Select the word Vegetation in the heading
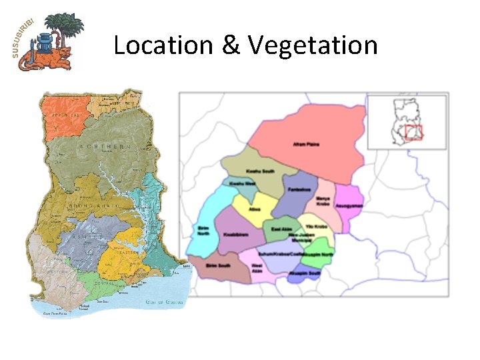(x=313, y=45)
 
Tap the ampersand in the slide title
(x=229, y=45)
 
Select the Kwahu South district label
(x=260, y=171)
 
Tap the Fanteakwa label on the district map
(x=299, y=189)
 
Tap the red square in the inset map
(x=414, y=132)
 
